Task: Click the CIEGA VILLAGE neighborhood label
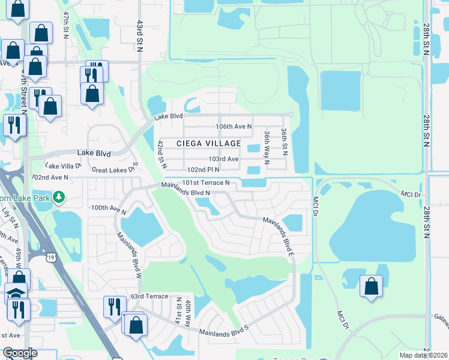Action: pos(209,143)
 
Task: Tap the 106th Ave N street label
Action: pos(234,127)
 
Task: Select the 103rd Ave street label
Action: pos(223,159)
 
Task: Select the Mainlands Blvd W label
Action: pos(129,256)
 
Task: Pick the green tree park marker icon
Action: pos(59,197)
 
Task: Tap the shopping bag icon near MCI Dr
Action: pos(371,286)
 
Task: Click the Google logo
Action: pos(20,353)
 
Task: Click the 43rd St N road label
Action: pos(139,36)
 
